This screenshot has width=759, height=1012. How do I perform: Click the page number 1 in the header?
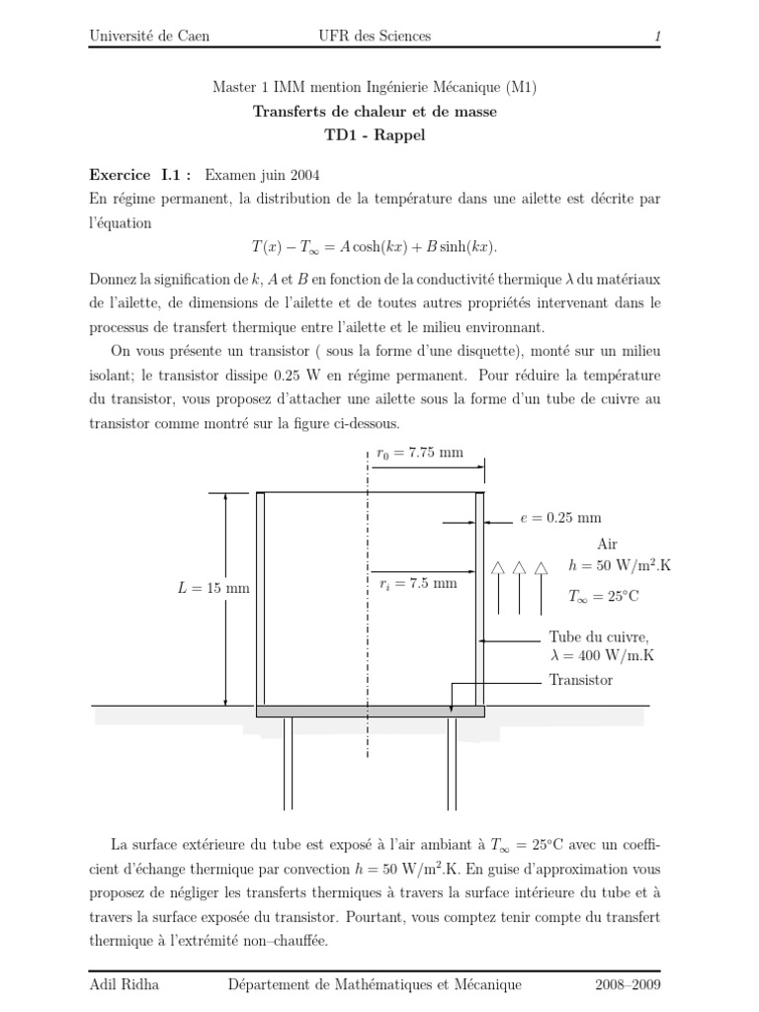657,37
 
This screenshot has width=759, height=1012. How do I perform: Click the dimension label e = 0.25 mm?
559,517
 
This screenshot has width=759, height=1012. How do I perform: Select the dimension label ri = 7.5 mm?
419,583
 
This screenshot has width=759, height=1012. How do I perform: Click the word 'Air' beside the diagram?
608,543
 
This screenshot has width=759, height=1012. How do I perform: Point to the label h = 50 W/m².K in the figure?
620,565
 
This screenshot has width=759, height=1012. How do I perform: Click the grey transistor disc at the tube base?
370,711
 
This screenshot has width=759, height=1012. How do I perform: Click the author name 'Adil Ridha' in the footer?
125,984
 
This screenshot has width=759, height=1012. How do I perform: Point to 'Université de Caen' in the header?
149,37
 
